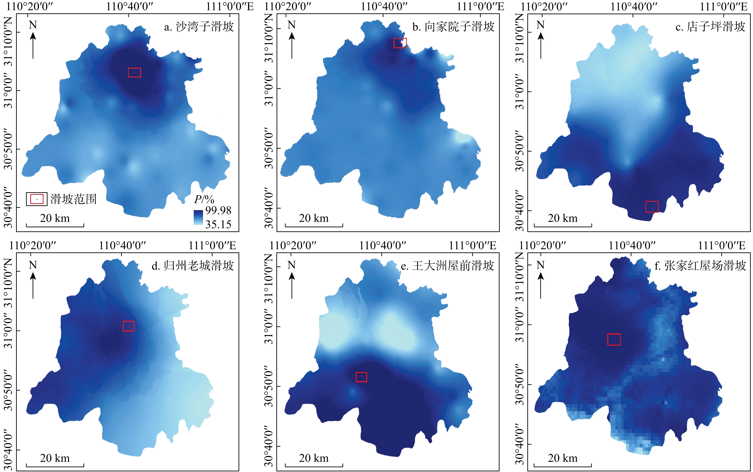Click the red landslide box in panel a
click(x=134, y=72)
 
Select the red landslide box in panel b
click(x=400, y=43)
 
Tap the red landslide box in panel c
click(x=652, y=207)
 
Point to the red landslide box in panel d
click(x=129, y=326)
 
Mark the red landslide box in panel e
click(x=361, y=377)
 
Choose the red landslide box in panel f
click(x=614, y=339)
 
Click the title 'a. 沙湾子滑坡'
click(x=199, y=27)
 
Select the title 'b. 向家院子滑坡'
click(x=453, y=27)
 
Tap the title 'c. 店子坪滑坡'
click(x=710, y=27)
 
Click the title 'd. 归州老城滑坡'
click(x=193, y=266)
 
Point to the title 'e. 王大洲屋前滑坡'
click(x=447, y=266)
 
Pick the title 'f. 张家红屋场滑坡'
click(x=700, y=266)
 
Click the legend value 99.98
click(x=218, y=210)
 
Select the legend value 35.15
click(x=218, y=224)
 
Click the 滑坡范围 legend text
click(x=73, y=199)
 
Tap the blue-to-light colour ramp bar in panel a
click(x=198, y=217)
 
